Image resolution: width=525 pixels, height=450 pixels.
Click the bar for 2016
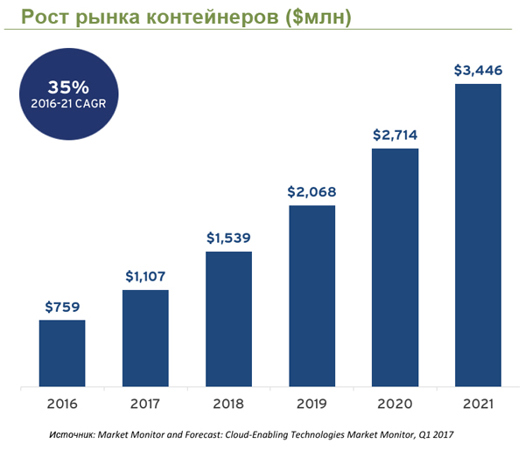click(x=62, y=352)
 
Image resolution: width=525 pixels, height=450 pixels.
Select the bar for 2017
click(x=145, y=337)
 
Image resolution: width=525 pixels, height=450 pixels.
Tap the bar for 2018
click(x=228, y=318)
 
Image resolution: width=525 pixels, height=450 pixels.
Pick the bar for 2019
click(x=311, y=294)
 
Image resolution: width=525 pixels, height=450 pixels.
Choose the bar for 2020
click(x=395, y=267)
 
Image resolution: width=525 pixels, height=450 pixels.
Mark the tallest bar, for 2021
click(x=478, y=234)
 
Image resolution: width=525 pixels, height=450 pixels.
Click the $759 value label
click(x=62, y=307)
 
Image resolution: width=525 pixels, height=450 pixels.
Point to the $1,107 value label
click(x=145, y=277)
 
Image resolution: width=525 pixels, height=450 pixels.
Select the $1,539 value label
click(x=228, y=238)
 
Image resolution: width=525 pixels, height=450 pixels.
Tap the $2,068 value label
click(x=311, y=192)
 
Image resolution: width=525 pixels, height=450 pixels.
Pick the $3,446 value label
click(x=478, y=70)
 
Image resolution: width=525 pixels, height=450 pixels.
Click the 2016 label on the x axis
click(x=62, y=404)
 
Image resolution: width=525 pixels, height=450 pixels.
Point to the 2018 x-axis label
click(x=228, y=404)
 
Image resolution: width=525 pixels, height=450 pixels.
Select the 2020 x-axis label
click(x=395, y=404)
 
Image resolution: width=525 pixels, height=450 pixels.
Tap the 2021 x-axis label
click(x=478, y=404)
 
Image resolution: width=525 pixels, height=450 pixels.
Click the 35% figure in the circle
click(x=66, y=87)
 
